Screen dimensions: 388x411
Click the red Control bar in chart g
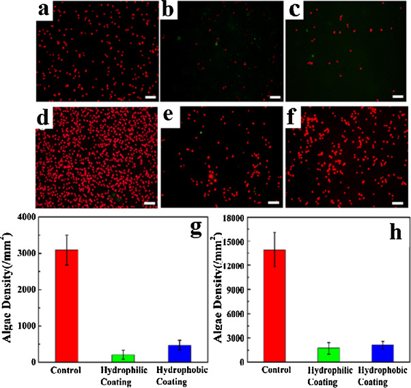point(68,305)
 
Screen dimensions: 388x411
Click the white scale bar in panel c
point(398,96)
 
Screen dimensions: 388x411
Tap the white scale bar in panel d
point(150,203)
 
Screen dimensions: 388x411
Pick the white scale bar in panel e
point(274,203)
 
